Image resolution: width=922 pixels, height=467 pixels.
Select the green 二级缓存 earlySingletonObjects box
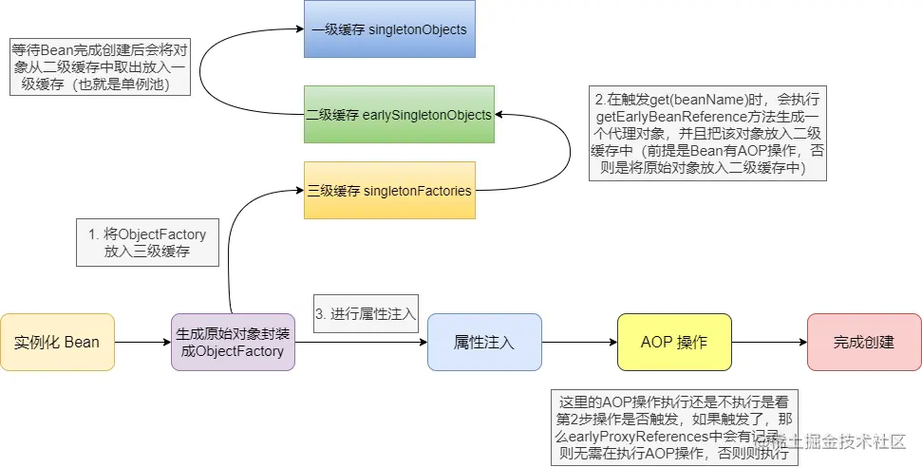[399, 115]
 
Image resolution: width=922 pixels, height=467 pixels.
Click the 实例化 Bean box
[57, 342]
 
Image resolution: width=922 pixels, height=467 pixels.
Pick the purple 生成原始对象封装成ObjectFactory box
[233, 342]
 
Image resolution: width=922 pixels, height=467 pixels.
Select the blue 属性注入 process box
[484, 342]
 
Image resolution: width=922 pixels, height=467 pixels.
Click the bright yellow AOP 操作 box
[674, 342]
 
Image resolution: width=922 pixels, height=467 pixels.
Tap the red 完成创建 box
[863, 342]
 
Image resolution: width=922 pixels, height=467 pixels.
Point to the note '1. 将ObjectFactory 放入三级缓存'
[147, 243]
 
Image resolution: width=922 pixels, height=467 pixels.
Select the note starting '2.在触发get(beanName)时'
[707, 134]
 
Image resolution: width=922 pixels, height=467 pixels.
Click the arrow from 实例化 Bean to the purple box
[142, 342]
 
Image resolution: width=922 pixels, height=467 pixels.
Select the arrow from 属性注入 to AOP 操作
[579, 342]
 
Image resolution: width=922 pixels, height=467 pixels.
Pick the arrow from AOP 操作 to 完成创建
[769, 342]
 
